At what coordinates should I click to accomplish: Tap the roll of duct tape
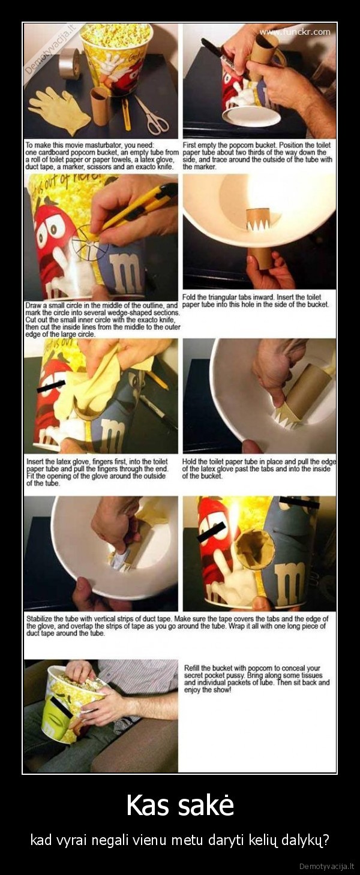point(70,64)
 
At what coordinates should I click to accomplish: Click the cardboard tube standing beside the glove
point(100,106)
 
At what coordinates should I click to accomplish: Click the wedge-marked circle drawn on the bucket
point(90,245)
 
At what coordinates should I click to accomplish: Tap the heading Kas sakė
point(180,805)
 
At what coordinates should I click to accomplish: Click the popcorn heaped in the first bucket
point(116,32)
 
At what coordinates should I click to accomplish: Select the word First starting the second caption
point(190,145)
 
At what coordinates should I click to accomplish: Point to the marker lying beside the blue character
point(158,411)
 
